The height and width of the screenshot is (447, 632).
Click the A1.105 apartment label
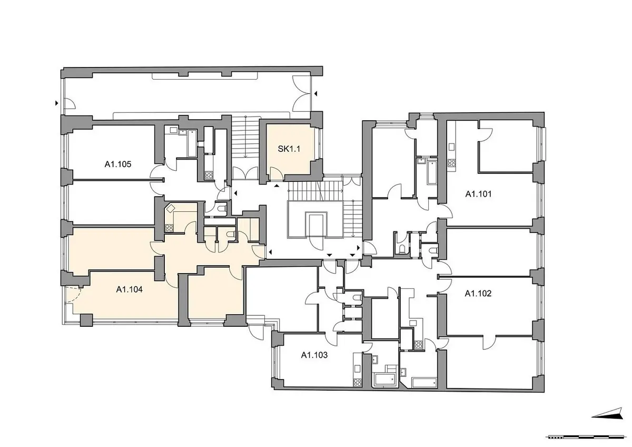point(118,164)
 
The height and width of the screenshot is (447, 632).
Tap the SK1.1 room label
point(289,149)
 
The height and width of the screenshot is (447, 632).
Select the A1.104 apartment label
point(129,289)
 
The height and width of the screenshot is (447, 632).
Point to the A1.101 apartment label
point(478,194)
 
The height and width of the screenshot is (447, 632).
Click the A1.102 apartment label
point(478,294)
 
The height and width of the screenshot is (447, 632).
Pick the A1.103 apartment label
point(314,355)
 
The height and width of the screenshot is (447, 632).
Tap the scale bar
point(588,437)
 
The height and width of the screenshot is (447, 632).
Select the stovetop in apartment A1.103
point(358,382)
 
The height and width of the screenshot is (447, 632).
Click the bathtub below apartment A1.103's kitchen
point(385,380)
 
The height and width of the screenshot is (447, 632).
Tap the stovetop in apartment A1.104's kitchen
point(169,228)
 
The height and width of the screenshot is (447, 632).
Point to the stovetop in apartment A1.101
point(451,163)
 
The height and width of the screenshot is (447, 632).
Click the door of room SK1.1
point(276,173)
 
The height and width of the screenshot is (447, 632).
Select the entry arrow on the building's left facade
point(57,103)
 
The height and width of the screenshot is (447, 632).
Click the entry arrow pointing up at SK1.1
point(277,186)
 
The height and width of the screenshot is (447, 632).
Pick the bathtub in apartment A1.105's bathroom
point(192,143)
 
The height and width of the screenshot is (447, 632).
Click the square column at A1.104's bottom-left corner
point(86,320)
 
